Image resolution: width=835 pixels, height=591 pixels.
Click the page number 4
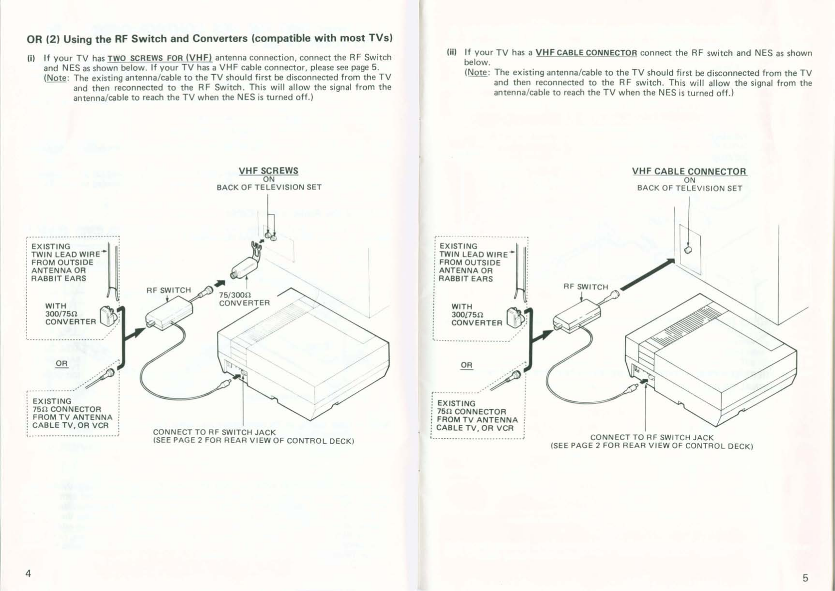coord(28,574)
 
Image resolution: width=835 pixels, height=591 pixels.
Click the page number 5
coord(805,578)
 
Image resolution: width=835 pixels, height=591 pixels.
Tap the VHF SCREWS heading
coord(268,171)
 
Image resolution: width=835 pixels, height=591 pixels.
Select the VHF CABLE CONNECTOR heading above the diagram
coord(689,171)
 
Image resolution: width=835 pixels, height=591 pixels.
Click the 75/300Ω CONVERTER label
coord(244,299)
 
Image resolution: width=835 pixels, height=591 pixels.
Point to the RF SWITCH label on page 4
coord(169,290)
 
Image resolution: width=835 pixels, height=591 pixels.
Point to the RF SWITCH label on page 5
coord(586,287)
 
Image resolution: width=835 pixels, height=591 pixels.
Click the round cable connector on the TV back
coord(688,250)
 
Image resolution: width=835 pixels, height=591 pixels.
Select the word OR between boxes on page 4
coord(62,363)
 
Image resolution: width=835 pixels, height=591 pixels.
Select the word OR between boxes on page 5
coord(466,365)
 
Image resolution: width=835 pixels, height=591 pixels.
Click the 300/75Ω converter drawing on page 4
coord(108,317)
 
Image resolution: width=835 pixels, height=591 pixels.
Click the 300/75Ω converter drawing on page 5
coord(515,318)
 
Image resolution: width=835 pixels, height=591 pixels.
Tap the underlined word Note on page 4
coord(56,78)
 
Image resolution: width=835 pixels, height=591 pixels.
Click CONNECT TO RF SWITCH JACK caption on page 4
coord(214,432)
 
